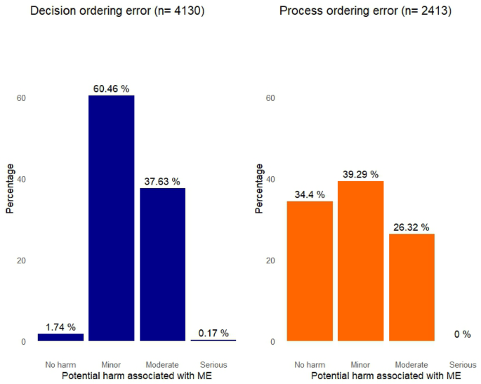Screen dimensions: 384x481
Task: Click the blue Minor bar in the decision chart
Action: point(111,218)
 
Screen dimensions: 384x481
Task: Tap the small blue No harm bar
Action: point(60,338)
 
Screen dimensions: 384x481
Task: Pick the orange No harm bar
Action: point(310,271)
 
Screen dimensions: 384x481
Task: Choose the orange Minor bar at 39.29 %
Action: point(361,261)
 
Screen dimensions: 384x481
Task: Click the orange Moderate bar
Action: point(411,288)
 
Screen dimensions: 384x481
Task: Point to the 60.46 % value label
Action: point(111,88)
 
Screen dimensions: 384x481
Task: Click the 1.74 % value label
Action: point(60,327)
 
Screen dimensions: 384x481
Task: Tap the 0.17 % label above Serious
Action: point(213,333)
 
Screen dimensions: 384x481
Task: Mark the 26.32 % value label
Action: point(411,227)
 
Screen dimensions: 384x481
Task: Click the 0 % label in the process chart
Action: point(463,334)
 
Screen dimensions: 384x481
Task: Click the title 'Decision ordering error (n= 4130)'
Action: point(117,11)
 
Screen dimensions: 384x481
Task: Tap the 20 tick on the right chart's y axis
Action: point(271,260)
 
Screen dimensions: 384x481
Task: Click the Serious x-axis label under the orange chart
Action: point(463,365)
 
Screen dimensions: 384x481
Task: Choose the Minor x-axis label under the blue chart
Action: point(111,365)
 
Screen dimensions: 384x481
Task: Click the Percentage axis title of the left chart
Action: point(10,188)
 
